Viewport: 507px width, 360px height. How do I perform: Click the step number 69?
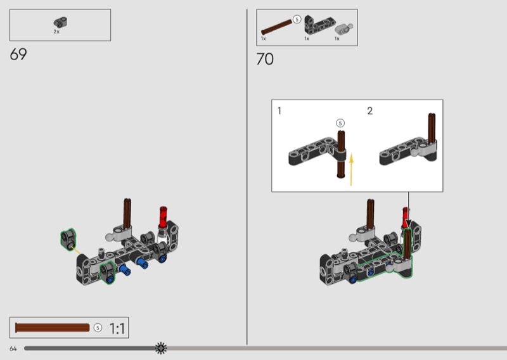pyautogui.click(x=18, y=54)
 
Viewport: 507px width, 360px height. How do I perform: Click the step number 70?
pyautogui.click(x=265, y=59)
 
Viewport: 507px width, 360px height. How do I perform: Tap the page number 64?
pyautogui.click(x=13, y=349)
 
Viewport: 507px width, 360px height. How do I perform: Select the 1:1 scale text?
pyautogui.click(x=117, y=328)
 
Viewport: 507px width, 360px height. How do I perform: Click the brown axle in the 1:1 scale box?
pyautogui.click(x=53, y=328)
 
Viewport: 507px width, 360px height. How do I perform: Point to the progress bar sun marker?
pyautogui.click(x=161, y=348)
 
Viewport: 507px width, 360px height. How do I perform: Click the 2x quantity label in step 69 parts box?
pyautogui.click(x=56, y=32)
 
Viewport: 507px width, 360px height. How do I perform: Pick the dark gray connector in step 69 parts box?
pyautogui.click(x=60, y=22)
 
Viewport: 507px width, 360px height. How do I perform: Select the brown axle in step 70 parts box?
pyautogui.click(x=276, y=27)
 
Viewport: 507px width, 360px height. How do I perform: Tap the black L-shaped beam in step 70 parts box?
pyautogui.click(x=319, y=25)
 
